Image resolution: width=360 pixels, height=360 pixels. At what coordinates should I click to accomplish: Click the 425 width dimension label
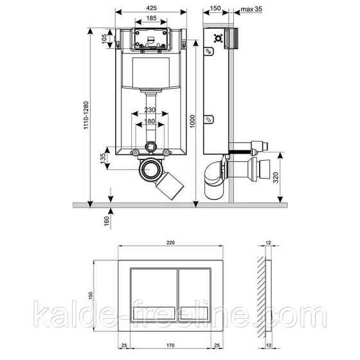coord(151,8)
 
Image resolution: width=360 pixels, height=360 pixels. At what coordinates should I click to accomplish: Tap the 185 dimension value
coord(151,18)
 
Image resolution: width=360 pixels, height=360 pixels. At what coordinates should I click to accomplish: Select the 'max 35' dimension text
coord(251,9)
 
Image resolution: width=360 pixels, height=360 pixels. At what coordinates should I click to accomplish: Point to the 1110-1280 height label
coord(86,115)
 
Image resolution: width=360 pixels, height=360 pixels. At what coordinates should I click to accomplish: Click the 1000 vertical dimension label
coord(192,122)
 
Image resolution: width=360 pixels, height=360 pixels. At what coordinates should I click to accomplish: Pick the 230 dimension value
coord(150,110)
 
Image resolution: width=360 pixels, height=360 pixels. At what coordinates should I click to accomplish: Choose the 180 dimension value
coord(150,121)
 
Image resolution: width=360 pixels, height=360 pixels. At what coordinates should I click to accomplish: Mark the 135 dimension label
coord(104,158)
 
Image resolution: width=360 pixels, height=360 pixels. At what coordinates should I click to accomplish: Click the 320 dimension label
coord(276,177)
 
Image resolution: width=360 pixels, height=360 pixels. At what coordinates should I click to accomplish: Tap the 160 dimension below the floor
coord(107,221)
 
